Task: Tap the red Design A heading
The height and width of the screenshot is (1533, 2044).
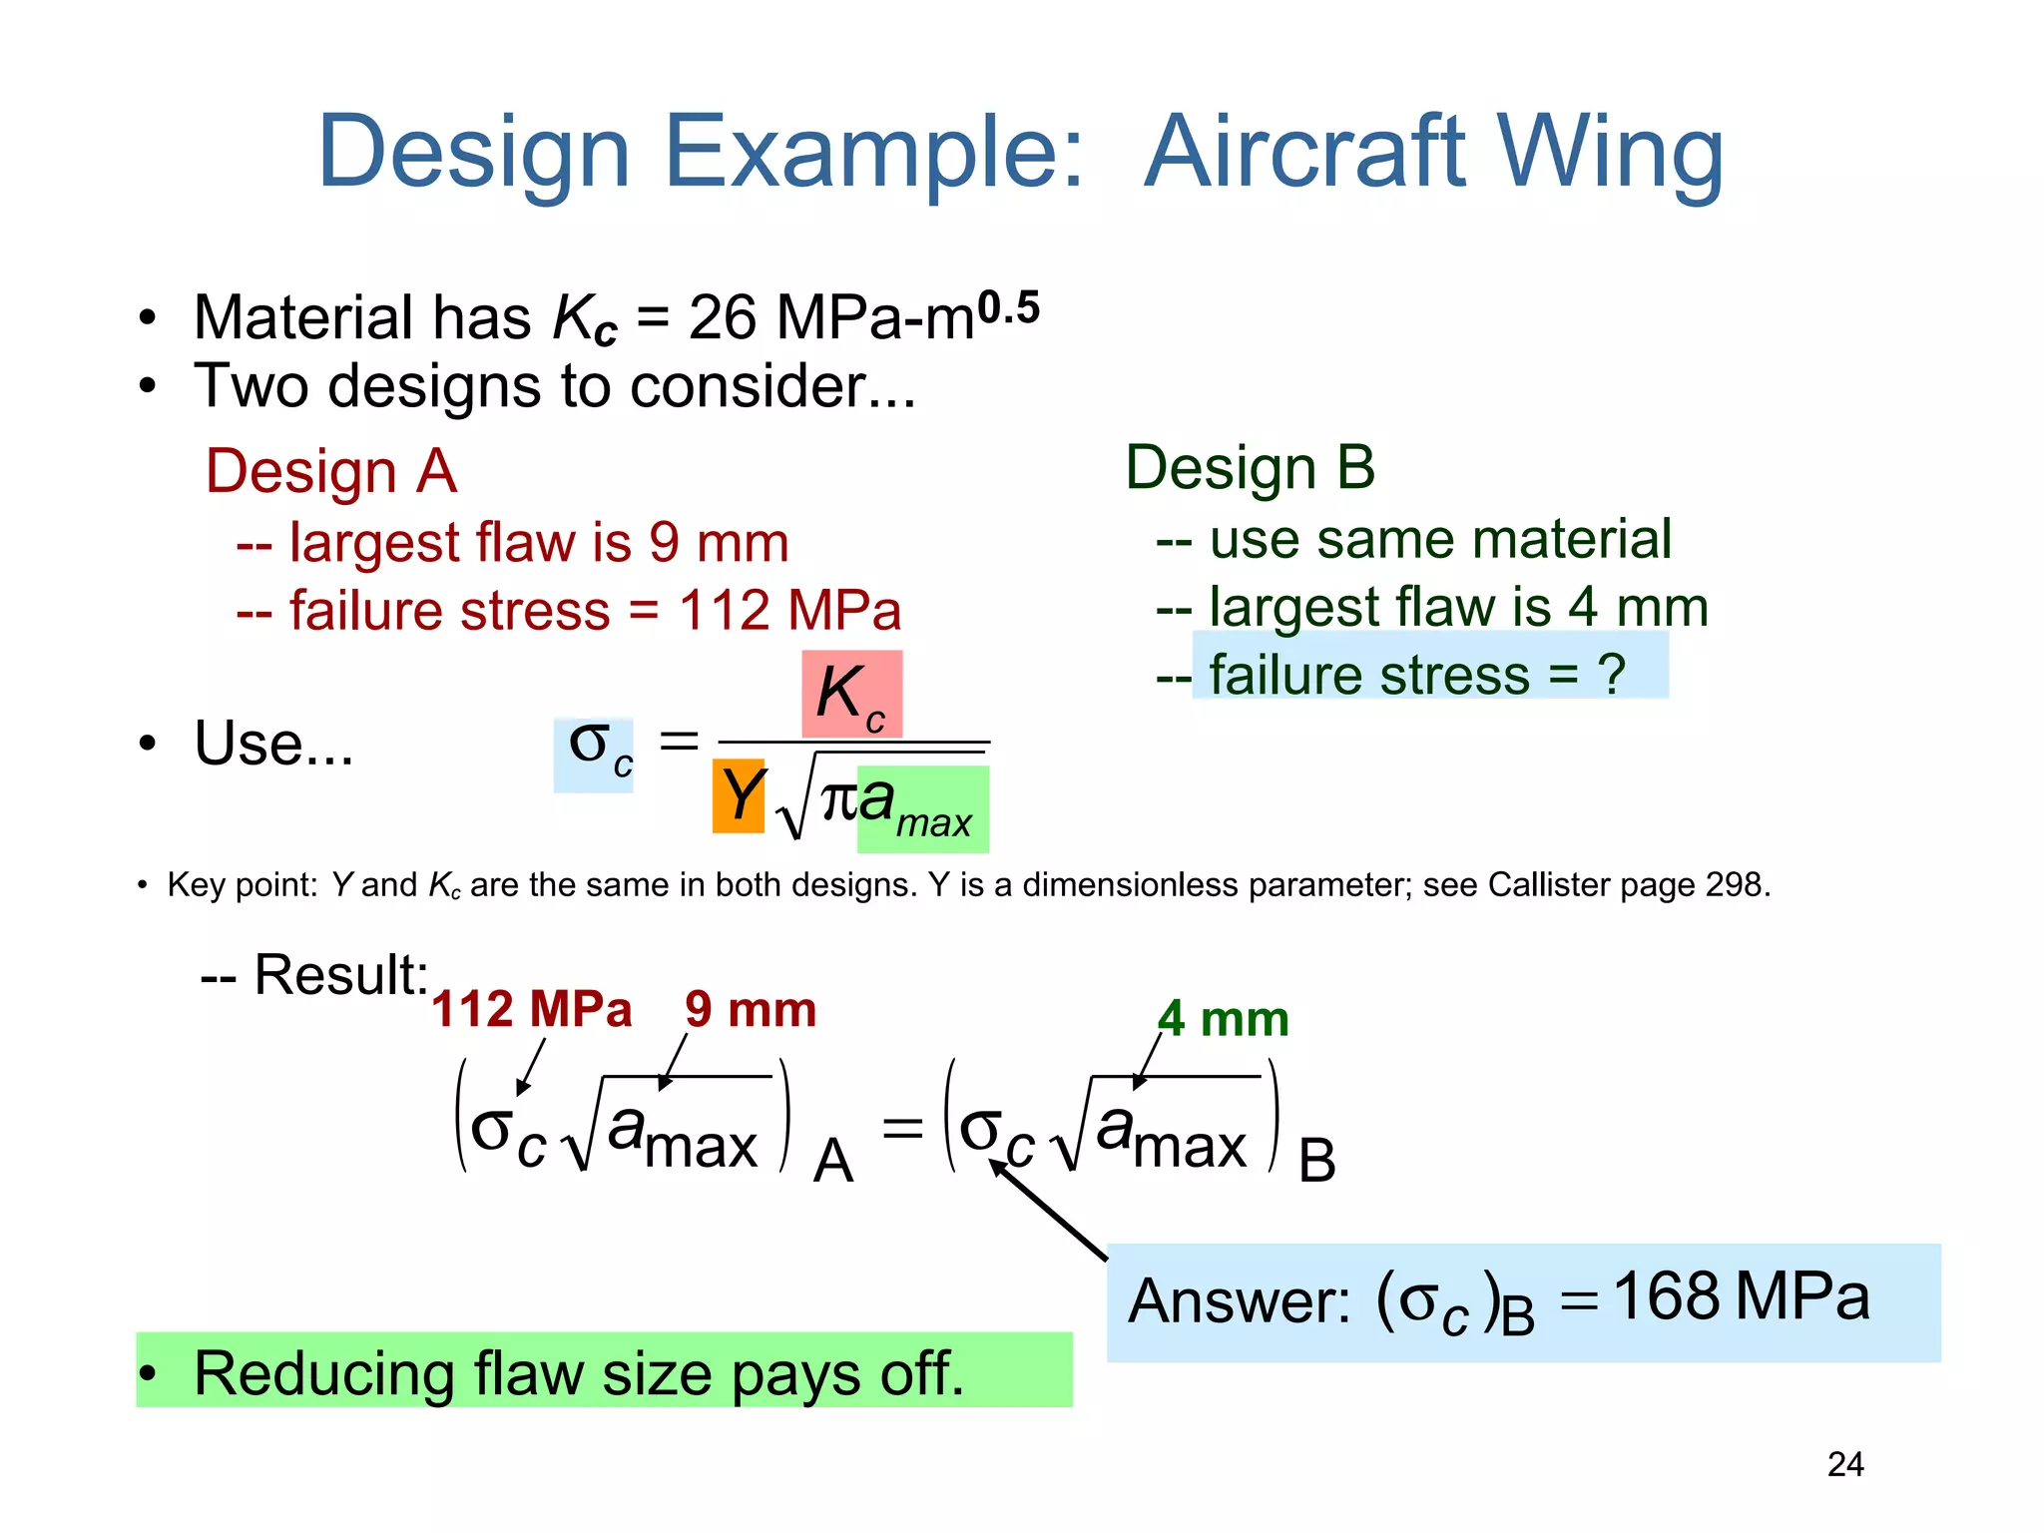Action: [330, 471]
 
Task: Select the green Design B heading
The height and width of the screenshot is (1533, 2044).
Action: [1250, 467]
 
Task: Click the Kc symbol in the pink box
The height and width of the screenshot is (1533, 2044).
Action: [851, 694]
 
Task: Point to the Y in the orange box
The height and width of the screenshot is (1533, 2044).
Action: [740, 795]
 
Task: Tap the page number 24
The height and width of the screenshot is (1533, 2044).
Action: [1845, 1464]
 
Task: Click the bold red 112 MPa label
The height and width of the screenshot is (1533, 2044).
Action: [532, 1009]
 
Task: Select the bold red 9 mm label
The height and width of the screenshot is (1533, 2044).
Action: [751, 1009]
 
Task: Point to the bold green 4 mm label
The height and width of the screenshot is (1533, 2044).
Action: [1223, 1019]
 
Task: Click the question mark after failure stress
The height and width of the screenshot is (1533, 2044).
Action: [1611, 674]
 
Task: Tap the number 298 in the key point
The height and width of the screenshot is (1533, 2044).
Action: [1735, 884]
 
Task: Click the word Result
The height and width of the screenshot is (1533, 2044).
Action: [339, 974]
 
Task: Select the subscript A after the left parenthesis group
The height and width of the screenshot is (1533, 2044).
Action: [832, 1162]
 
